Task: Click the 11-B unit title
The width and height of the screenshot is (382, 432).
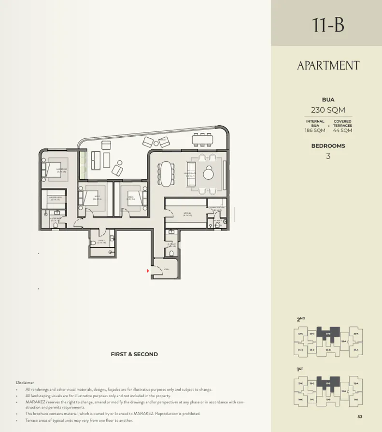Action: [328, 25]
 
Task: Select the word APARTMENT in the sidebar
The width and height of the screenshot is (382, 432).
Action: [328, 66]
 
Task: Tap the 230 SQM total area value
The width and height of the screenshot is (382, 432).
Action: [328, 110]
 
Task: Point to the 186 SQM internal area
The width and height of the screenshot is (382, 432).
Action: [314, 130]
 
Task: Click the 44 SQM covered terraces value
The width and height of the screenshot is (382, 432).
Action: [342, 130]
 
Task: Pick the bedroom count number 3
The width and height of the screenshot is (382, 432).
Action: [328, 156]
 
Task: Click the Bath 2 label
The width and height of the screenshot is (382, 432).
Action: [101, 241]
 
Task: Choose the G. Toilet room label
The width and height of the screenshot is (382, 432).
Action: [172, 245]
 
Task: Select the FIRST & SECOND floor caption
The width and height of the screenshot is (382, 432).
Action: [134, 354]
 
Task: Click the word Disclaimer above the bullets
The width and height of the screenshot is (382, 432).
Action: [25, 382]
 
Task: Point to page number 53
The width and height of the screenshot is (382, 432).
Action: [360, 417]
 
